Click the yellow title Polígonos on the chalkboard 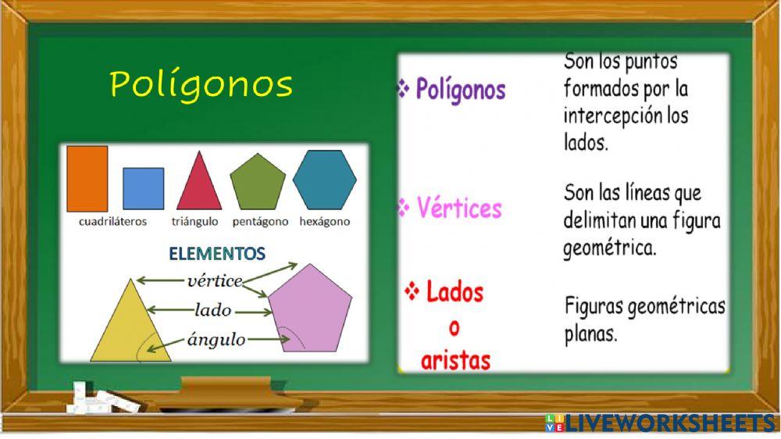[201, 84]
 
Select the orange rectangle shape [87, 178]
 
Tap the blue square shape [144, 188]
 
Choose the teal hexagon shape [324, 180]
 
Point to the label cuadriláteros [113, 221]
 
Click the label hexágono [325, 221]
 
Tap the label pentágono [261, 221]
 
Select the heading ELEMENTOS [218, 254]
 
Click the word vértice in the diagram [216, 280]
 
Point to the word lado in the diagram [213, 310]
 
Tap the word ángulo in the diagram [216, 339]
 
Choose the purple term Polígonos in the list [460, 90]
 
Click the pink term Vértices [459, 208]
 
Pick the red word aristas [455, 360]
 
